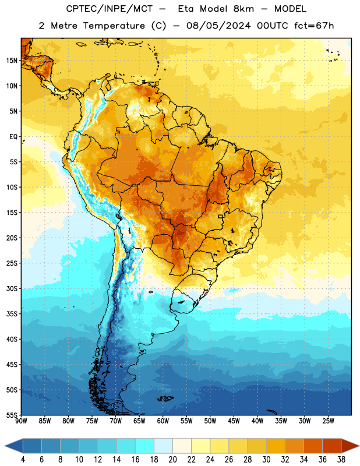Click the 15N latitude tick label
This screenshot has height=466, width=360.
click(12, 61)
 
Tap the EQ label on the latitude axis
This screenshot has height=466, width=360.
click(13, 137)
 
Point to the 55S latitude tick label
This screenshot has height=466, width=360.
click(12, 415)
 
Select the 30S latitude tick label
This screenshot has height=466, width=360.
click(12, 288)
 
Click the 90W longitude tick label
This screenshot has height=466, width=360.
click(21, 421)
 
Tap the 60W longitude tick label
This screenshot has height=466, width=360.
click(163, 421)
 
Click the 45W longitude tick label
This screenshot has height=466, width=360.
click(234, 421)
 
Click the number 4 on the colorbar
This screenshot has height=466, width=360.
click(23, 460)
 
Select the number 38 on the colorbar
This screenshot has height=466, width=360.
click(341, 460)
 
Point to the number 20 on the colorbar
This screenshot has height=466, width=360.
click(172, 460)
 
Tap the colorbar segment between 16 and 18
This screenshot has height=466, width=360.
click(145, 446)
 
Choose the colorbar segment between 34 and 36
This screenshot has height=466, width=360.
click(313, 446)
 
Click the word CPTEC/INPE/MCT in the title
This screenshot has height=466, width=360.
click(110, 9)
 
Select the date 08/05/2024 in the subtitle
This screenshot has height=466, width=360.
click(218, 26)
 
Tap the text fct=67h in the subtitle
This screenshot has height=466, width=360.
click(314, 26)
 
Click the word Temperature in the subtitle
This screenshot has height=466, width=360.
click(114, 26)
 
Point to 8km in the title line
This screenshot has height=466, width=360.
click(243, 9)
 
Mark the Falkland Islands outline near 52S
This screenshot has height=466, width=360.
click(165, 398)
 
